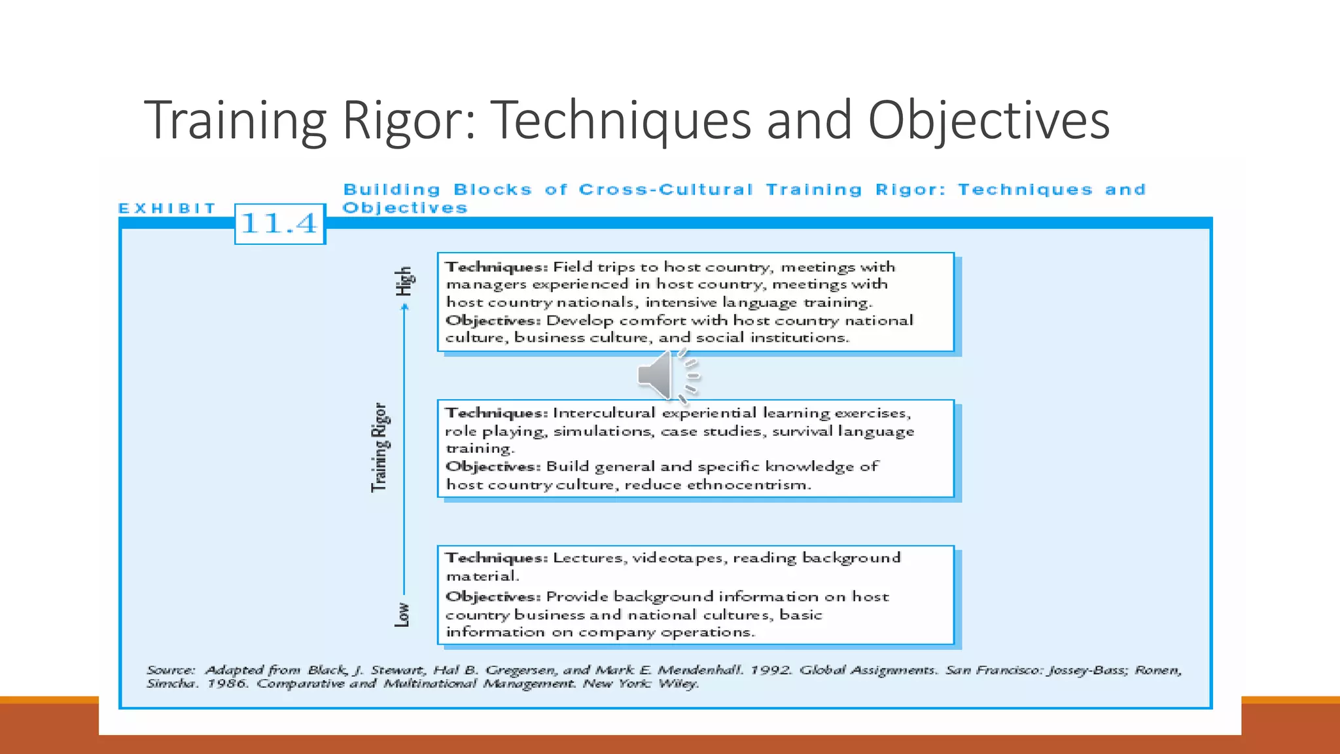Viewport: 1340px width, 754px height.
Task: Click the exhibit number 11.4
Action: point(279,224)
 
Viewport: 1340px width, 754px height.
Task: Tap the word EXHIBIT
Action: point(167,208)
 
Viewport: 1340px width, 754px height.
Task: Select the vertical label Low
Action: point(402,615)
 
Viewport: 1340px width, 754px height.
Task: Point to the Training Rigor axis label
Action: point(379,447)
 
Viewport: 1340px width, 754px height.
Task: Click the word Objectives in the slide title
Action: point(988,120)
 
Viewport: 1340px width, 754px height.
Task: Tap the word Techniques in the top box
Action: point(495,267)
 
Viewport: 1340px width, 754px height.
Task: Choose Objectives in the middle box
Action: point(492,467)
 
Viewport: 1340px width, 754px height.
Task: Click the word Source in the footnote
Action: point(170,670)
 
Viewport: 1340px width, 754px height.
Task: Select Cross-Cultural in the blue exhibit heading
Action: point(665,190)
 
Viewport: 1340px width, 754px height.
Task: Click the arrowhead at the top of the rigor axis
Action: point(405,308)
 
